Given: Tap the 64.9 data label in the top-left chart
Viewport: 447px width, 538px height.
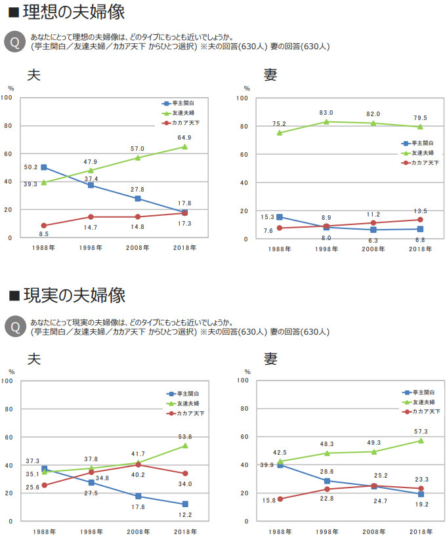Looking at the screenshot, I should tap(184, 138).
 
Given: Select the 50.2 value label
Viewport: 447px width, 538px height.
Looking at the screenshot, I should tap(30, 167).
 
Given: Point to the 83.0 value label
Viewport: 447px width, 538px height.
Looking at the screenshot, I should tap(326, 113).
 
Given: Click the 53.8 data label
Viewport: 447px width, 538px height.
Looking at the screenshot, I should tap(184, 437).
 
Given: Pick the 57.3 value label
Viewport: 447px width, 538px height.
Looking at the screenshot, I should tap(420, 432).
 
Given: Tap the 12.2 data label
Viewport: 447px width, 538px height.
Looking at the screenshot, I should tap(184, 515).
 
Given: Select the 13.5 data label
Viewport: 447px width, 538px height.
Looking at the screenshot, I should tap(420, 211).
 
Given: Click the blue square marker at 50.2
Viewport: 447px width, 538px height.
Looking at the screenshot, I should tap(44, 167).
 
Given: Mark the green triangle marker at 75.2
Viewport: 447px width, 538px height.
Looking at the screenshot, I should tap(280, 133).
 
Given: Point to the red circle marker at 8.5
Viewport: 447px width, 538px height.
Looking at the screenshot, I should tap(44, 226).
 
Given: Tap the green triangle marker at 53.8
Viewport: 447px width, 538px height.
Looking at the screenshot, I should tap(185, 445).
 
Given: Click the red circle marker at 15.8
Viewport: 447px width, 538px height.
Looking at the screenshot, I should tap(280, 499).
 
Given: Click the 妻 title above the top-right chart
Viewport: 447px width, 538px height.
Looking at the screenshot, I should tap(270, 74).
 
